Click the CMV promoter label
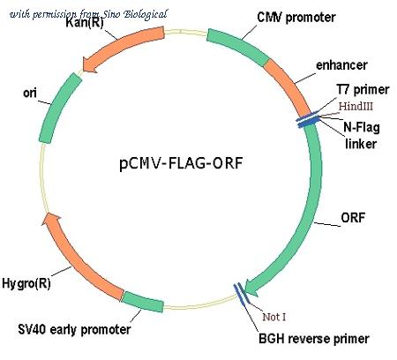296,18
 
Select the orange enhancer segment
288,86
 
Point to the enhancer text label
341,65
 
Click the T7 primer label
363,89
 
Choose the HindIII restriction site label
356,106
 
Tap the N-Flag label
362,128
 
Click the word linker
361,144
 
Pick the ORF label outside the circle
353,218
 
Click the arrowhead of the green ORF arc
251,288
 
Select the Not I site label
273,317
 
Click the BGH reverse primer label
314,339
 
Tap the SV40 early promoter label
74,329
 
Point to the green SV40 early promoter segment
143,302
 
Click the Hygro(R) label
26,283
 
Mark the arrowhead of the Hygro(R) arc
50,220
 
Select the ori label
30,93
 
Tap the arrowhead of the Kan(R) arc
90,64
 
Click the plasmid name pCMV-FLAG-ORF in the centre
181,163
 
